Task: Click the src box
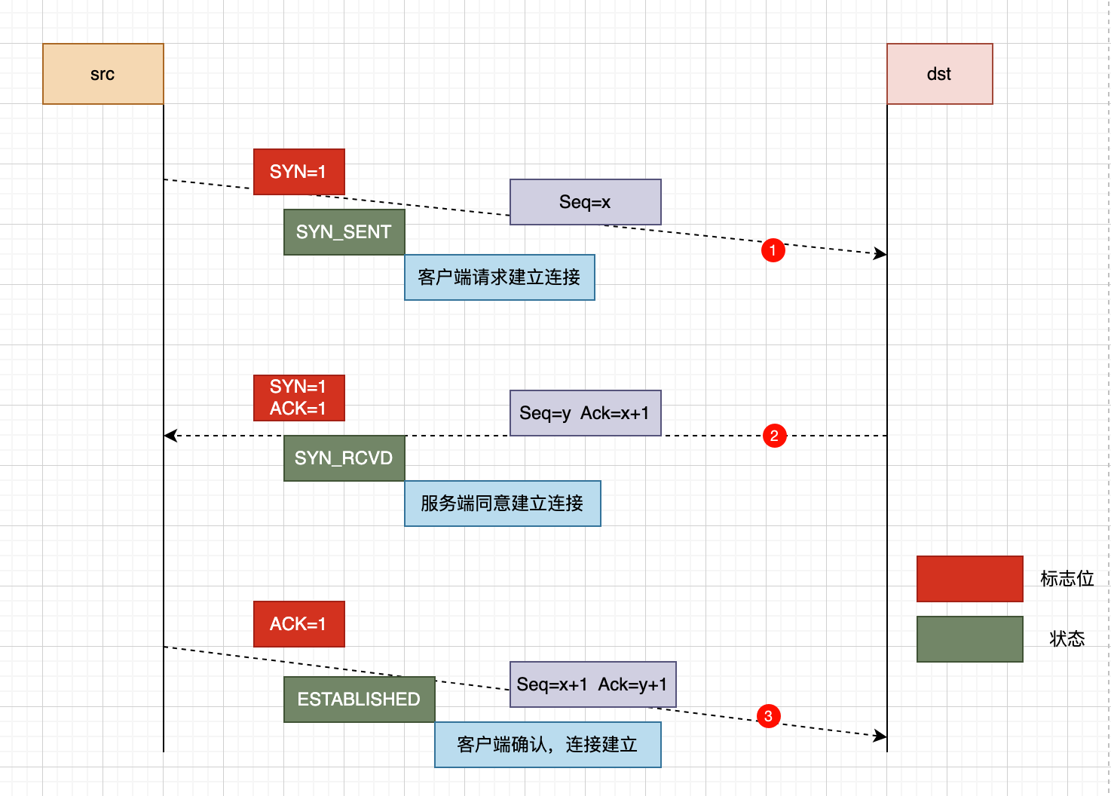point(103,74)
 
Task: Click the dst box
point(939,74)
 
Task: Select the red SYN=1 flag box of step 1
point(298,172)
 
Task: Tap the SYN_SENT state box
point(344,232)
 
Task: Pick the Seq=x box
point(585,202)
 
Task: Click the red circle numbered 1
point(773,250)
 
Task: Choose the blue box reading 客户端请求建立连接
point(499,277)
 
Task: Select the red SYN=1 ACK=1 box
point(298,398)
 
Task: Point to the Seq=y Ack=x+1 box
point(585,413)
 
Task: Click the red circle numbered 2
point(774,436)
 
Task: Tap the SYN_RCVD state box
point(344,458)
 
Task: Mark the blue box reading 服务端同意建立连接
point(502,504)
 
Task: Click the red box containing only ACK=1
point(298,624)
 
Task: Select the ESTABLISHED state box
point(359,700)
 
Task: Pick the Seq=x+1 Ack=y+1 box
point(592,684)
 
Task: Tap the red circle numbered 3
point(768,716)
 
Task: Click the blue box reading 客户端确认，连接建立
point(547,745)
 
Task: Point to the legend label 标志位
point(1067,579)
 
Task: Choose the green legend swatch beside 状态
point(969,639)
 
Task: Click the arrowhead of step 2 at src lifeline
point(170,436)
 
